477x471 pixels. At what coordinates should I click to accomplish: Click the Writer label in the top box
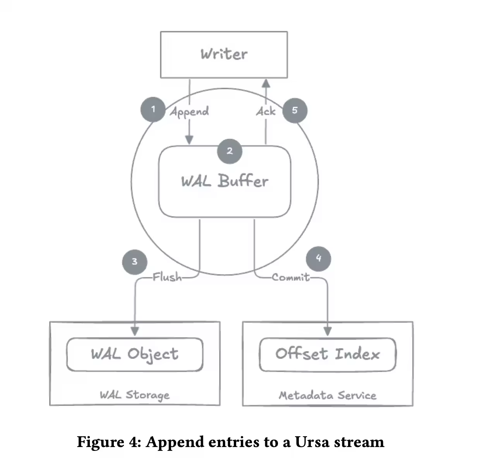point(224,54)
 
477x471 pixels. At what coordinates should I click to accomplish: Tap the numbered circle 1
point(153,109)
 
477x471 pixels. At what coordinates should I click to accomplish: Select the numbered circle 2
point(230,151)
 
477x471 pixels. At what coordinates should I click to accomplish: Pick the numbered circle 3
point(134,262)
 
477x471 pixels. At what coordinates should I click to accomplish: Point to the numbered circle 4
point(318,258)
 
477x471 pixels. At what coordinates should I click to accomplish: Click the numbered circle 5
point(295,111)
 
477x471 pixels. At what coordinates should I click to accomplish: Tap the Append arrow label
point(189,112)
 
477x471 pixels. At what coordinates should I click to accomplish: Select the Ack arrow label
point(266,112)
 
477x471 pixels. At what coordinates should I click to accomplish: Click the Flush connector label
point(167,277)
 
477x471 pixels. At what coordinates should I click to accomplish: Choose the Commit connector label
point(291,277)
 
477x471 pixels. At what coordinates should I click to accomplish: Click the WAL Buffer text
point(225,181)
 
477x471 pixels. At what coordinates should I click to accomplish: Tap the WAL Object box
point(135,354)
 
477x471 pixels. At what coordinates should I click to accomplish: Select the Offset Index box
point(328,354)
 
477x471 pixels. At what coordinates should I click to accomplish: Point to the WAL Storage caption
point(135,395)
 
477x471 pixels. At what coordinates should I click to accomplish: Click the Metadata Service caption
point(328,396)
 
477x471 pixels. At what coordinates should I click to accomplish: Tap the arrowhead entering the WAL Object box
point(135,331)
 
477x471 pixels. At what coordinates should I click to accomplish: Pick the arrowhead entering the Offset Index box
point(328,331)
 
